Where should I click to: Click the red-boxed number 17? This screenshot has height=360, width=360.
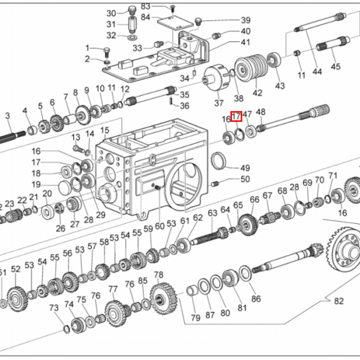click(236, 116)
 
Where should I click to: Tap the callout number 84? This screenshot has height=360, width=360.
click(145, 17)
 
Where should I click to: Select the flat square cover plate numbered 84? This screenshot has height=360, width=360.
click(176, 22)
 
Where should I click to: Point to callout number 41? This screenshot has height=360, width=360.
click(245, 42)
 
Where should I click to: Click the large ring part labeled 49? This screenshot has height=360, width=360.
click(219, 161)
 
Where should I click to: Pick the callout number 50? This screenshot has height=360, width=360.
click(245, 179)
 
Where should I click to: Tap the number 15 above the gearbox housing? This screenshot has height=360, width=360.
click(104, 130)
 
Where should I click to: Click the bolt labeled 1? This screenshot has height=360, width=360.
click(107, 53)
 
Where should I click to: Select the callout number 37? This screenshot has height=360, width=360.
click(218, 103)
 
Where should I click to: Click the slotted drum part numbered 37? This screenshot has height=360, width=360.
click(216, 77)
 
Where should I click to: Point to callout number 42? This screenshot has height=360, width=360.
click(257, 93)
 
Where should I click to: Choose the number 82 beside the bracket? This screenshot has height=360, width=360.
click(339, 301)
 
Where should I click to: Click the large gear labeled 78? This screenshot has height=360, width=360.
click(164, 298)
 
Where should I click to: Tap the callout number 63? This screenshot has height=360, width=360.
click(212, 213)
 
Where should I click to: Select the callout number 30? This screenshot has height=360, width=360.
click(111, 13)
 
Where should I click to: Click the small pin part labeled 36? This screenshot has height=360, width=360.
click(171, 101)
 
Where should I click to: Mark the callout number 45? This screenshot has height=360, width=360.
click(335, 67)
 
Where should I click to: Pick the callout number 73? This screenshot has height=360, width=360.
click(54, 308)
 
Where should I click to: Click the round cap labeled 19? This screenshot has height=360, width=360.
click(64, 187)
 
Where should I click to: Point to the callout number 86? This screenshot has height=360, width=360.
click(256, 299)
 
